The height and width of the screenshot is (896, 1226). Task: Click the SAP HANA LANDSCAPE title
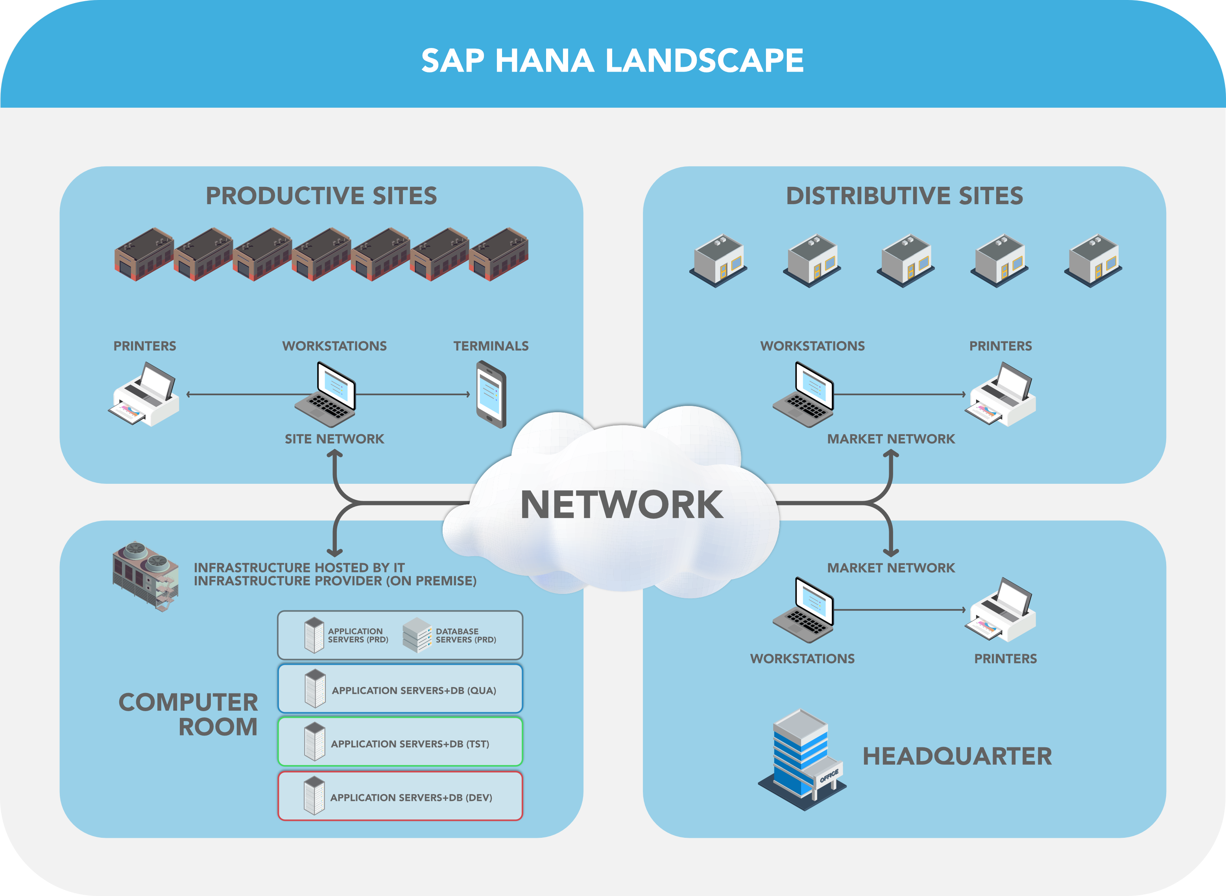click(613, 60)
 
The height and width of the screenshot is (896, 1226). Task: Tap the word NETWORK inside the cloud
click(622, 504)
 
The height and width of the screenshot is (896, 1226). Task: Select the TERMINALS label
click(491, 346)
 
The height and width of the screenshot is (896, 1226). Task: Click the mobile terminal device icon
click(491, 394)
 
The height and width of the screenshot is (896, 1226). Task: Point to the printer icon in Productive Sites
click(144, 395)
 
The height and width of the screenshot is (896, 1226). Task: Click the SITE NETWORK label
click(334, 439)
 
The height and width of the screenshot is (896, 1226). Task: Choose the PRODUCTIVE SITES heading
click(321, 196)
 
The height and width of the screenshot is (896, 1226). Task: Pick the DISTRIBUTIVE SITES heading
click(904, 196)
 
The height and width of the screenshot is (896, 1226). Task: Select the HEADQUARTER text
click(957, 756)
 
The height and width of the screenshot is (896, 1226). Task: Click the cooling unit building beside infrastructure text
click(146, 576)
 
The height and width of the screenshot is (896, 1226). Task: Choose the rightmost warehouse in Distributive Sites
click(1093, 260)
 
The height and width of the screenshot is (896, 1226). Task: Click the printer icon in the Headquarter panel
click(1001, 610)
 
